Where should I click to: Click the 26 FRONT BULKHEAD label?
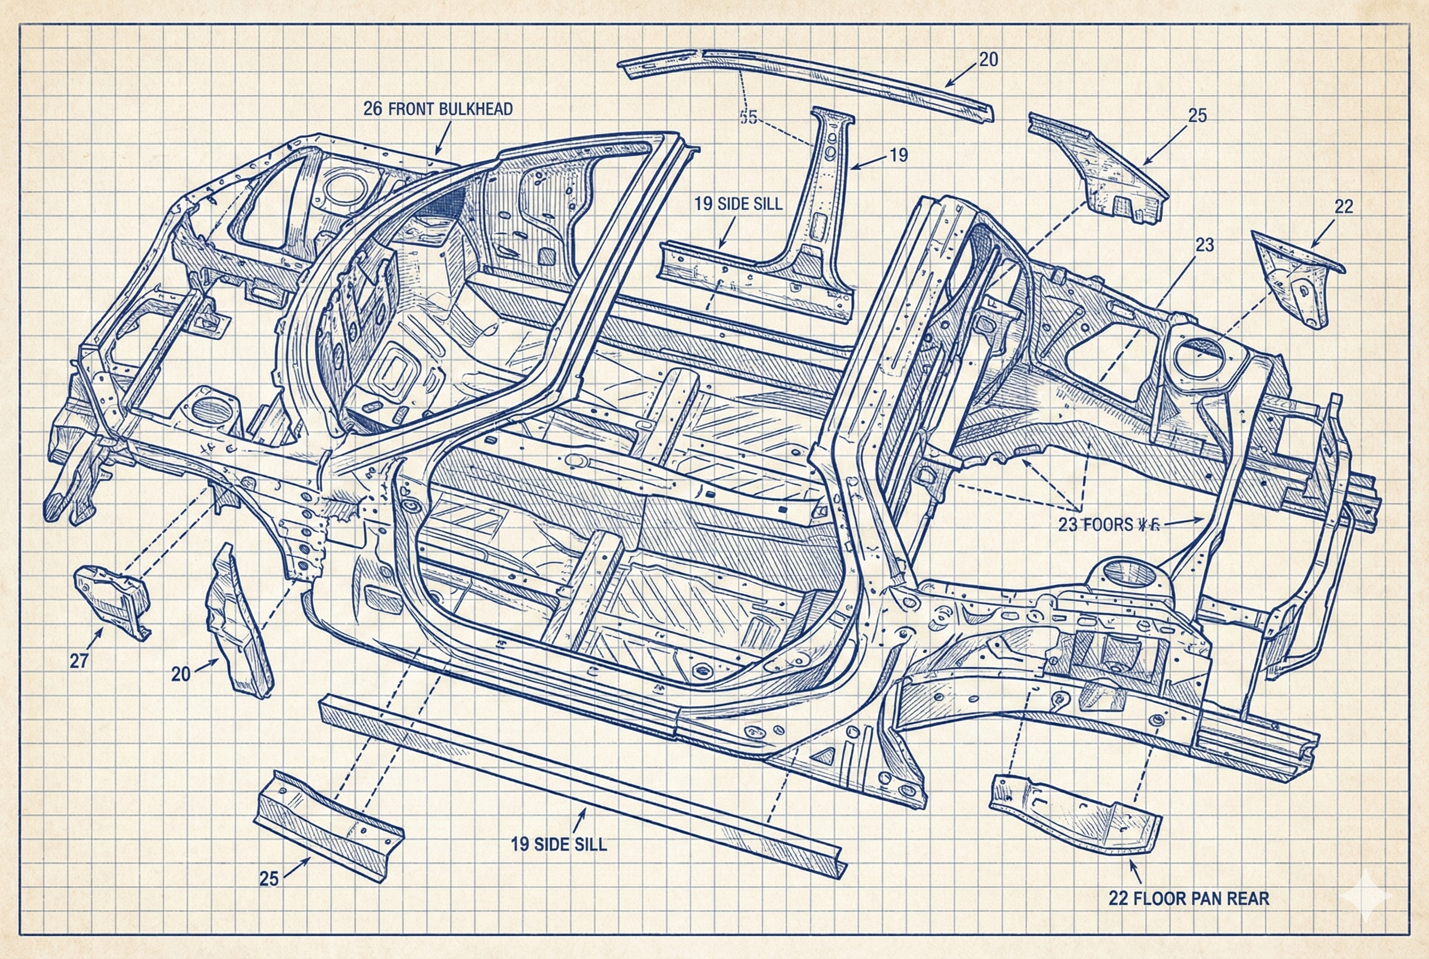[438, 110]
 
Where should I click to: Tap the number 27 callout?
[79, 661]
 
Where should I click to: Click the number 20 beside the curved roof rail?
[988, 60]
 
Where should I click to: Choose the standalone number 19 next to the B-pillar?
[898, 155]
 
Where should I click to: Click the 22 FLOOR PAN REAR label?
[1189, 898]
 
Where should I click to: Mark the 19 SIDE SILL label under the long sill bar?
[558, 845]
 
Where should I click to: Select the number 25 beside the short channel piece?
[269, 879]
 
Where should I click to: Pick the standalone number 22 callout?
[1344, 207]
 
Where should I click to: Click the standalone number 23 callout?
[1204, 245]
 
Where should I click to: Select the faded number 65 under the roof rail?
[748, 118]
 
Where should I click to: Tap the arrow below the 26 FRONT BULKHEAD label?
[443, 137]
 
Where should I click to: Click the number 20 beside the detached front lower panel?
[181, 674]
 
